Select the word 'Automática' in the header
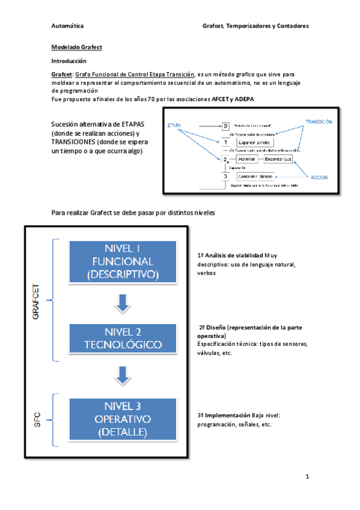[68, 26]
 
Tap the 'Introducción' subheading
[69, 61]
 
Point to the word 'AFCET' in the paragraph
[220, 99]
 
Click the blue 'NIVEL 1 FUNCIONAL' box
[123, 262]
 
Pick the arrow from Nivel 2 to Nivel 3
[123, 376]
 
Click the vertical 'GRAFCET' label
[35, 300]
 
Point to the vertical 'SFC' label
[35, 419]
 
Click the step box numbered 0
[225, 126]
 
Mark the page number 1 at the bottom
[307, 477]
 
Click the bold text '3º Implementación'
[224, 415]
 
